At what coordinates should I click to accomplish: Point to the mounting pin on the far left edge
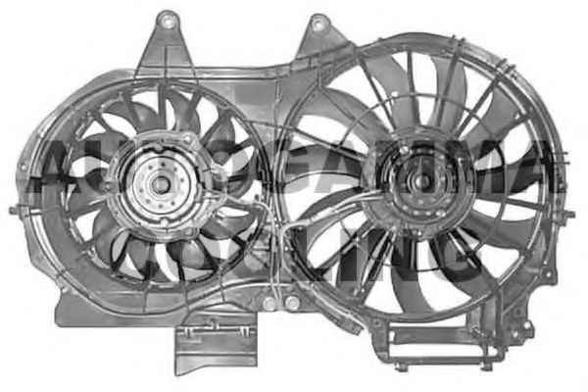point(14,211)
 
